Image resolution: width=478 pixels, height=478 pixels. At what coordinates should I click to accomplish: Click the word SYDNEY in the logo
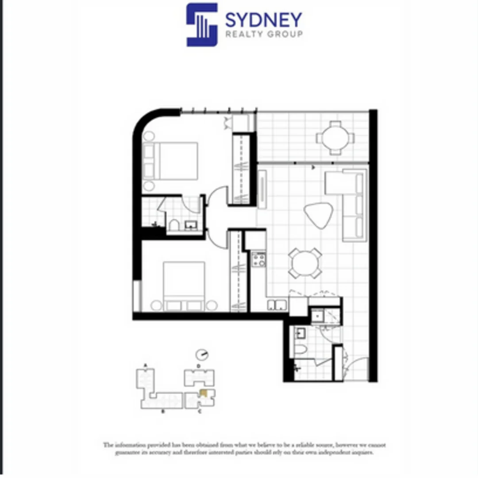click(263, 20)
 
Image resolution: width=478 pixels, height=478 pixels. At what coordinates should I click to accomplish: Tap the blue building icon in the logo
click(202, 25)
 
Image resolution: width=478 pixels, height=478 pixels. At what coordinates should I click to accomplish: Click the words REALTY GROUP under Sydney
click(264, 35)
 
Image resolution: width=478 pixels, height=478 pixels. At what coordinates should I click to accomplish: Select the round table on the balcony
click(335, 138)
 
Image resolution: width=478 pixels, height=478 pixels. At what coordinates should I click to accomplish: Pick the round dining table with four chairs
click(305, 263)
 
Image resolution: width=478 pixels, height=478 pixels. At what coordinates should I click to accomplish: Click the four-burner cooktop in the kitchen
click(258, 258)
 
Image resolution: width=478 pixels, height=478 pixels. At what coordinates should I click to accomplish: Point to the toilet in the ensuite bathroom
click(173, 225)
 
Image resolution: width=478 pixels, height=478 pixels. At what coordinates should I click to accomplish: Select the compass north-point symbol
click(202, 355)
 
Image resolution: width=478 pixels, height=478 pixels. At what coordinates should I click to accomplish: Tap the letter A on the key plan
click(145, 366)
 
